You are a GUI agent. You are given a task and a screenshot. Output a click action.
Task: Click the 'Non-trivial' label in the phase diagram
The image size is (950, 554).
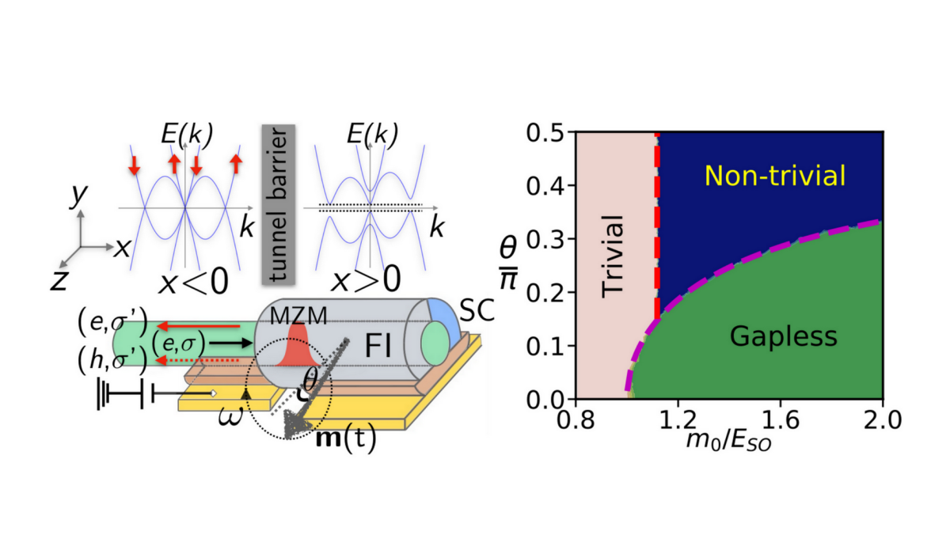tap(775, 176)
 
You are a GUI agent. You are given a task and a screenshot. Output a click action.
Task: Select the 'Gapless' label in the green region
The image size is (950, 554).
tap(783, 336)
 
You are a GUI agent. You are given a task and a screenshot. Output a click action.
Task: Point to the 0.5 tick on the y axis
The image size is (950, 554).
tap(545, 133)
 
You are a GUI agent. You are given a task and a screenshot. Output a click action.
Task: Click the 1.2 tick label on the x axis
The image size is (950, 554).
tap(678, 421)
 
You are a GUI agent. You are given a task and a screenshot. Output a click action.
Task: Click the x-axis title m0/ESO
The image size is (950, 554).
tap(728, 442)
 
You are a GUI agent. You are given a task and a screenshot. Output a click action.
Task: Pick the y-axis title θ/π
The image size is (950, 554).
tap(508, 264)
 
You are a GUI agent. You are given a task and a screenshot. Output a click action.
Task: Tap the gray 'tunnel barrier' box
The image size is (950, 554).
tap(279, 204)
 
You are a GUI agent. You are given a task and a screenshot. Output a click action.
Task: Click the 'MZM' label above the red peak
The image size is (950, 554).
tap(298, 316)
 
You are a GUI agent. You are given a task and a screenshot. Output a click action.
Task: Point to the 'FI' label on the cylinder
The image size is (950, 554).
tap(378, 346)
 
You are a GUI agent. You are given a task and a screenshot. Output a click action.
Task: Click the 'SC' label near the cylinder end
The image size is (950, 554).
tap(477, 310)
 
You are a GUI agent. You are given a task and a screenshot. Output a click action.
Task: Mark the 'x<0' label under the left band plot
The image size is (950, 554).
tap(194, 282)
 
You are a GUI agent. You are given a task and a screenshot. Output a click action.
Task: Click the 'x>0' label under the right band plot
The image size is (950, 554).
tap(366, 281)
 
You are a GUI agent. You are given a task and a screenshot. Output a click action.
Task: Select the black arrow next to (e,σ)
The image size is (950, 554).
tap(231, 343)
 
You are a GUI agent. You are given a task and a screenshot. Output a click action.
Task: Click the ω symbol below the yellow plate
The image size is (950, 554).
tap(230, 416)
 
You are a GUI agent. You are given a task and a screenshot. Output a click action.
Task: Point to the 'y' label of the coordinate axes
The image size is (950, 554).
tap(79, 195)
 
